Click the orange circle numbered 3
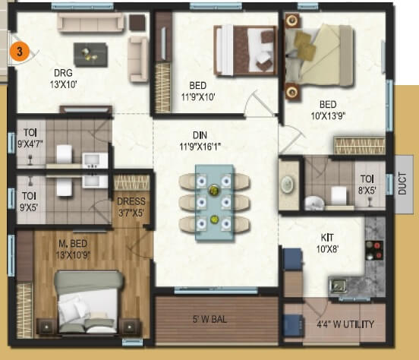[22, 52]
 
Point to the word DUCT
[402, 180]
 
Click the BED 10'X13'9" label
[328, 109]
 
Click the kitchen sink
[338, 286]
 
